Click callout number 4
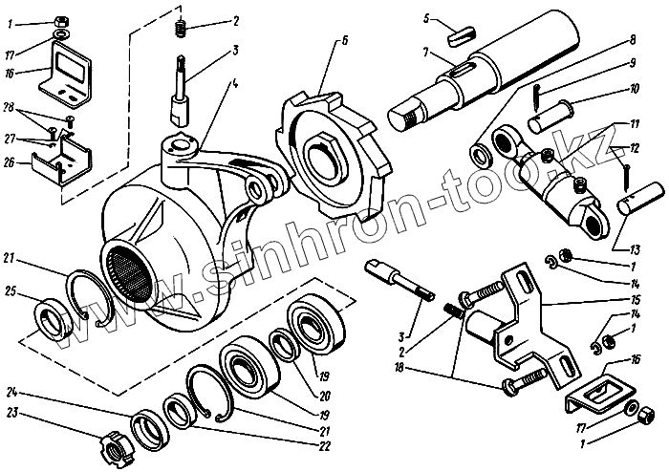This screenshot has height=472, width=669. [x=234, y=84]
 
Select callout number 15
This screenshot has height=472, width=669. [x=634, y=300]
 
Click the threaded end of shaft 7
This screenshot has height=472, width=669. [x=404, y=116]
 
